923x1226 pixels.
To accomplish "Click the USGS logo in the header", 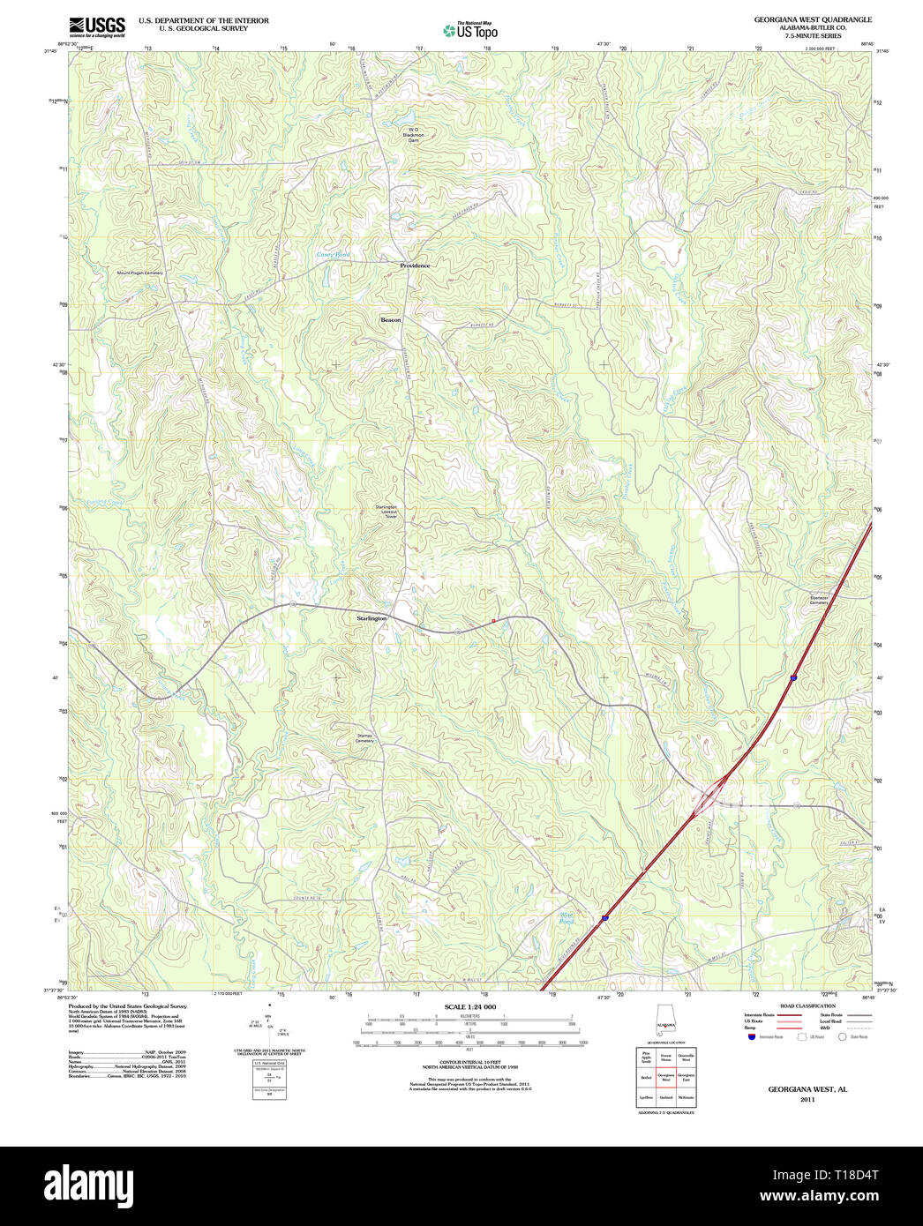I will pos(97,26).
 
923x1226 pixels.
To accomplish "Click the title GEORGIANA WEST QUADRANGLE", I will pos(812,19).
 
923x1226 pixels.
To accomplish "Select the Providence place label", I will pos(415,265).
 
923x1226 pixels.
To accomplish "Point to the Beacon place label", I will pos(390,319).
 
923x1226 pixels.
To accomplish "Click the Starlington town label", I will pos(371,618).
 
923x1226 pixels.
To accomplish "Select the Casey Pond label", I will pos(334,255).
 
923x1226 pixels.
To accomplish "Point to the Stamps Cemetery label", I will pos(364,738).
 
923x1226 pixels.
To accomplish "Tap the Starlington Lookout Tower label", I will pos(386,512).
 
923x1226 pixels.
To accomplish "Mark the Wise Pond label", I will pos(566,917).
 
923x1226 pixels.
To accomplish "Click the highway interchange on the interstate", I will pos(709,799).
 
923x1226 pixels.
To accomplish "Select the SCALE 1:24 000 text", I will pos(469,1006).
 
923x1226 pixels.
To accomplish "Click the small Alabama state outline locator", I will pos(664,1020).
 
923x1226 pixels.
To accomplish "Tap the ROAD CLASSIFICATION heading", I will pos(807,1005).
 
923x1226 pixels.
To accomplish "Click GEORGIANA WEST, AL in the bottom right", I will pos(807,1089).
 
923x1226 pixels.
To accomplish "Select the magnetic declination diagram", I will pos(270,1030).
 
